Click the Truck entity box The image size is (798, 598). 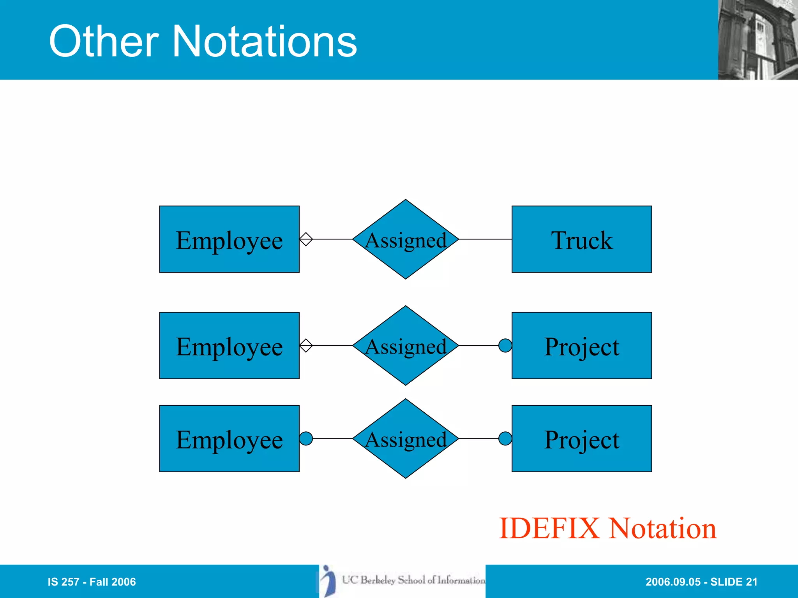581,239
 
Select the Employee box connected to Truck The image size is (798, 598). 229,239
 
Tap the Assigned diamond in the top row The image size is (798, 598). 406,239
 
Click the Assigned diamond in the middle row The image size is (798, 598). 406,345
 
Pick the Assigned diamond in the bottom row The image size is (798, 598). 406,438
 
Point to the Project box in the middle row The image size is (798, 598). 581,345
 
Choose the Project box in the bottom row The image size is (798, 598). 581,438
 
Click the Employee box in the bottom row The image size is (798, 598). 229,438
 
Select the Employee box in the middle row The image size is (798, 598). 229,345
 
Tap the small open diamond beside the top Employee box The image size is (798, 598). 306,239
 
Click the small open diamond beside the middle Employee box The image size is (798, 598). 306,345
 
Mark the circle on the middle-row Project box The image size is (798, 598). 505,345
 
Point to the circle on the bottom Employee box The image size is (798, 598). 306,438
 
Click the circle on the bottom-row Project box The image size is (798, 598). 505,438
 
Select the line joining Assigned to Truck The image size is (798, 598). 485,239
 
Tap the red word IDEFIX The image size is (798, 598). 549,528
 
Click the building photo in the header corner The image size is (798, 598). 757,40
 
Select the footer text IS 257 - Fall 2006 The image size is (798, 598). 92,582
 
